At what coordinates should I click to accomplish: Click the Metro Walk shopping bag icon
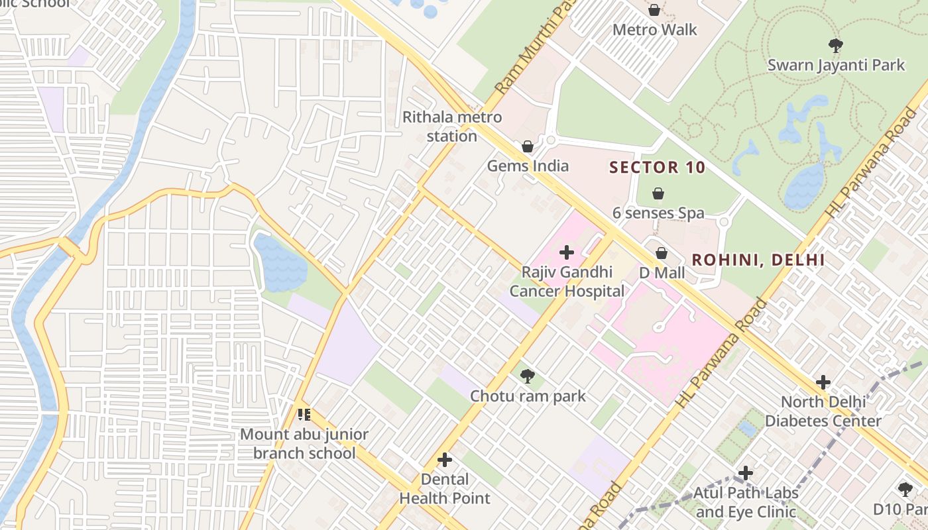pyautogui.click(x=654, y=10)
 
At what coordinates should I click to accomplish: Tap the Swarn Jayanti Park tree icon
pyautogui.click(x=835, y=46)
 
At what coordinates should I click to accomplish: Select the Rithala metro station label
pyautogui.click(x=452, y=127)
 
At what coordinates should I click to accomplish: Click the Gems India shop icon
pyautogui.click(x=528, y=146)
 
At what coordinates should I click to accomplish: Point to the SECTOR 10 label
pyautogui.click(x=657, y=168)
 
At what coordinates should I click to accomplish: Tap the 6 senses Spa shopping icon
pyautogui.click(x=658, y=193)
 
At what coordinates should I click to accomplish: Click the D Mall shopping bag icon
pyautogui.click(x=661, y=253)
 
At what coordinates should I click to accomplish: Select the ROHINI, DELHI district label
pyautogui.click(x=758, y=260)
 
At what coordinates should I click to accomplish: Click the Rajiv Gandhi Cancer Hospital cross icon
pyautogui.click(x=566, y=252)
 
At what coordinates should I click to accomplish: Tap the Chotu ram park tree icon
pyautogui.click(x=528, y=376)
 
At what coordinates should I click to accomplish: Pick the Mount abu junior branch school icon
pyautogui.click(x=304, y=415)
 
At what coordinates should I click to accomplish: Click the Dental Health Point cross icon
pyautogui.click(x=445, y=460)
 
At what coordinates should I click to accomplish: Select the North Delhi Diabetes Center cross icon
pyautogui.click(x=823, y=382)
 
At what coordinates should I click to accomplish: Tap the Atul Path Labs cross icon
pyautogui.click(x=746, y=473)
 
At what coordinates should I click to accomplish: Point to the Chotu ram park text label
pyautogui.click(x=528, y=396)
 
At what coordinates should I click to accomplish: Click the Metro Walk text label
pyautogui.click(x=654, y=30)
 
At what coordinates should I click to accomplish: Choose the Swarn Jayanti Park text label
pyautogui.click(x=835, y=65)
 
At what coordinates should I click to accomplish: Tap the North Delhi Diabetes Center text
pyautogui.click(x=823, y=411)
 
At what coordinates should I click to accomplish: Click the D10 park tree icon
pyautogui.click(x=905, y=490)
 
